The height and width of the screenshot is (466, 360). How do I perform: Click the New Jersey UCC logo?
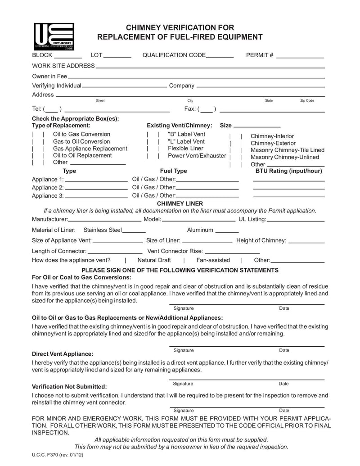coord(54,36)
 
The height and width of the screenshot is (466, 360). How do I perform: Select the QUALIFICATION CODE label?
coord(174,55)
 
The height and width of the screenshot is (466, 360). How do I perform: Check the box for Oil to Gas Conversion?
coord(37,134)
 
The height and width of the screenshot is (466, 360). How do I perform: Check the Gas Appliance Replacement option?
coord(37,148)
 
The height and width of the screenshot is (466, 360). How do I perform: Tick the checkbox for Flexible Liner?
coord(153,148)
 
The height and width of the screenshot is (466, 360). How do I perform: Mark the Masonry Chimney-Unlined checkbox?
coord(236,157)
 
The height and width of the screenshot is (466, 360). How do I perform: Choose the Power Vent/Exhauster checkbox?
coord(153,156)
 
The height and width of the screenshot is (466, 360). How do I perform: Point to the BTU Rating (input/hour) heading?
coord(289,171)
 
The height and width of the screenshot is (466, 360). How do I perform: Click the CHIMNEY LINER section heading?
coord(180,204)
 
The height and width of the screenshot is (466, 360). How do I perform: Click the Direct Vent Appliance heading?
coord(63,354)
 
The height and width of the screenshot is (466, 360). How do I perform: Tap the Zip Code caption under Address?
coord(307,100)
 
